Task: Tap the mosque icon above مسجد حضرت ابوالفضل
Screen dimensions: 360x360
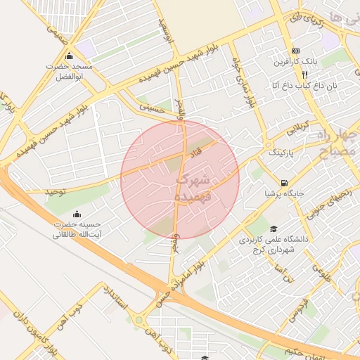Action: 69,56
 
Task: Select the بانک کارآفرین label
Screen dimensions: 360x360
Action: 295,62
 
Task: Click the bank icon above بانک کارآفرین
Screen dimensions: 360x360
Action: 295,51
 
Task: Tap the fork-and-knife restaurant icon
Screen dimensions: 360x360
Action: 304,74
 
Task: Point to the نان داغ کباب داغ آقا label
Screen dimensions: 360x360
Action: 295,85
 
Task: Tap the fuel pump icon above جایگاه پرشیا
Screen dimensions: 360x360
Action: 283,181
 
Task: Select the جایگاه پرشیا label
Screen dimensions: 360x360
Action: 283,192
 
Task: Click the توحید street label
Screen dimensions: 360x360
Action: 54,191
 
